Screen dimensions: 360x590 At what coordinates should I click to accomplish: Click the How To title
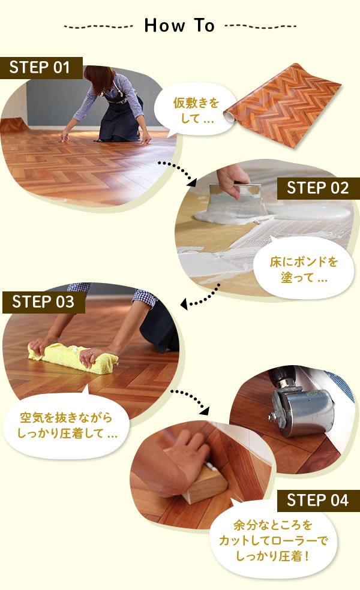click(179, 26)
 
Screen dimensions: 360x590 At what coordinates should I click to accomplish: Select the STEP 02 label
click(318, 188)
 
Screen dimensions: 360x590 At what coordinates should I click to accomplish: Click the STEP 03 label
click(44, 302)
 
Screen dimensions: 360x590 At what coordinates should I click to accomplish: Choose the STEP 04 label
click(318, 501)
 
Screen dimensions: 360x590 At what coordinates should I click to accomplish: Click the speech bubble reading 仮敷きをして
click(196, 110)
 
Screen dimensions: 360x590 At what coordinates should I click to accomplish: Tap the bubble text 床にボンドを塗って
click(304, 269)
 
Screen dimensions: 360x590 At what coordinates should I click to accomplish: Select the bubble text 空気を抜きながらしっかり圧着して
click(67, 426)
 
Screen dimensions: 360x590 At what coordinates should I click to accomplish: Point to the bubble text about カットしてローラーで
click(272, 540)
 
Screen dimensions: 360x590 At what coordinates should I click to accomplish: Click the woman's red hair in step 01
click(98, 79)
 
